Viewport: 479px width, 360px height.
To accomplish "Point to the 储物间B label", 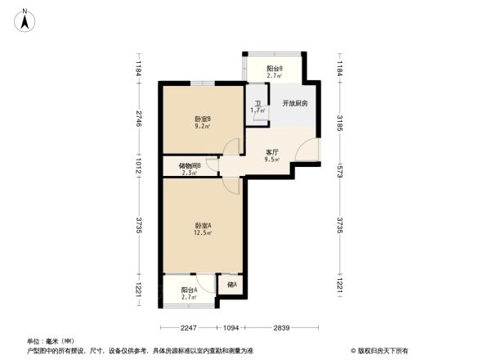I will coord(190,164).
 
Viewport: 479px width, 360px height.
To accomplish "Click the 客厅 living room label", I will coord(273,152).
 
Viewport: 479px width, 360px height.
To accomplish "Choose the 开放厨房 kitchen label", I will coord(294,104).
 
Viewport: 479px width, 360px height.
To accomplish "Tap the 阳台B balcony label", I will coord(275,70).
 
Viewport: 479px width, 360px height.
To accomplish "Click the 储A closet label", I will coord(231,285).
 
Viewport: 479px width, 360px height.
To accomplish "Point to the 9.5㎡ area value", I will coord(273,160).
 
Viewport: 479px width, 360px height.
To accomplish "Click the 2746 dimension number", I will coord(140,118).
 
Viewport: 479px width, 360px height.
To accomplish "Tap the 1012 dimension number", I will coord(140,167).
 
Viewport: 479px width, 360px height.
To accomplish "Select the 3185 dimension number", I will coord(339,123).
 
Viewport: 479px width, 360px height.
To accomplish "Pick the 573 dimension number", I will coord(339,171).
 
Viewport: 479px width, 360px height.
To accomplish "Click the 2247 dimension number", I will coord(190,328).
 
